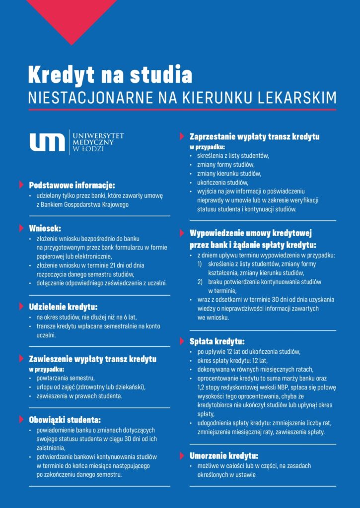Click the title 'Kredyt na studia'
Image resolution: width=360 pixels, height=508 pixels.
tap(110, 74)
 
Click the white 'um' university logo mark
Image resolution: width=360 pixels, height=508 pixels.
tap(47, 142)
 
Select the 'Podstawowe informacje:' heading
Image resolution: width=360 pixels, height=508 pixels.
tap(72, 186)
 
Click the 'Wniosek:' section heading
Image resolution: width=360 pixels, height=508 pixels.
tap(45, 229)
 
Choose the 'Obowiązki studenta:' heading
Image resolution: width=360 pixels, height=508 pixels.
tap(65, 419)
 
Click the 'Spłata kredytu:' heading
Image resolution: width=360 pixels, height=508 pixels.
tap(217, 341)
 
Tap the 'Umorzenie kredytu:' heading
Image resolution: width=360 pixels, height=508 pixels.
tap(224, 455)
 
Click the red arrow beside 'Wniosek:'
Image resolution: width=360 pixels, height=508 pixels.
tap(21, 229)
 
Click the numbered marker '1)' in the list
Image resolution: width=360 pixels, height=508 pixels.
tap(200, 264)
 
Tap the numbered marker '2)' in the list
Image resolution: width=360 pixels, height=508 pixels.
tap(200, 282)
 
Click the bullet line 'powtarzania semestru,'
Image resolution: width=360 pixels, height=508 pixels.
tap(62, 379)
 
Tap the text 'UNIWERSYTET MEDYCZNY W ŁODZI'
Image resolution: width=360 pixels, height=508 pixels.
tap(98, 142)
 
